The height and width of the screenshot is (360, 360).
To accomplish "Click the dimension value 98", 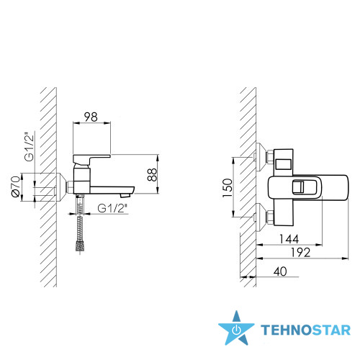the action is point(91,117).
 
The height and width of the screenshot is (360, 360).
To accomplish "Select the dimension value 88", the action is point(153,174).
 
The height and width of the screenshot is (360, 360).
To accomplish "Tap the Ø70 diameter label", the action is point(16,186).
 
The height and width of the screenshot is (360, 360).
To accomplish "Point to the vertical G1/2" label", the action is point(30,146).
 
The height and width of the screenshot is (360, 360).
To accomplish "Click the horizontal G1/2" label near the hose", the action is point(112,208).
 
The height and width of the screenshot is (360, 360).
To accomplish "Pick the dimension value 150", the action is point(228,188).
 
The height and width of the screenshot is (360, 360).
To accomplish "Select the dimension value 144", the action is point(289,239).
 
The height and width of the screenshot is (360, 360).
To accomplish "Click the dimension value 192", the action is point(300,253).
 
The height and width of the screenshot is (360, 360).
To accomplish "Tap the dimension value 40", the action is point(280,271).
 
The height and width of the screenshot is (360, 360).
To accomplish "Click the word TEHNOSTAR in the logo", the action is point(305,330).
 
